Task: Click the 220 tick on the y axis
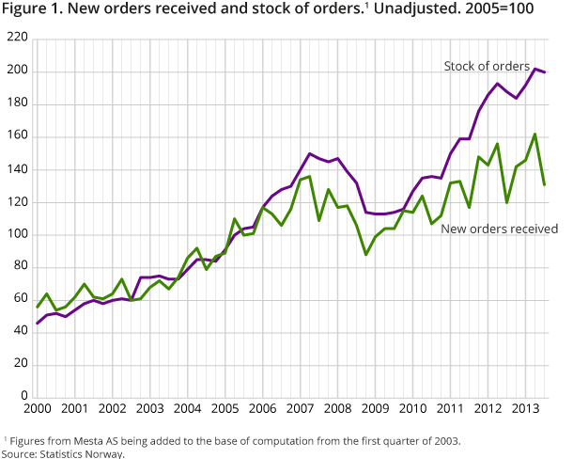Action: coord(17,40)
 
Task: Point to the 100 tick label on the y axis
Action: coord(17,234)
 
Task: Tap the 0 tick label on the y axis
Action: coord(23,397)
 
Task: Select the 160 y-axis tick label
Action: coord(17,137)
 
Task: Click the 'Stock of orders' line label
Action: coord(486,66)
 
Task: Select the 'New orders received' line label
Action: coord(500,229)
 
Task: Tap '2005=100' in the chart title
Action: coord(513,14)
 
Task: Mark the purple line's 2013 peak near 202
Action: coord(534,69)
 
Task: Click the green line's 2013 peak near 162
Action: coord(534,134)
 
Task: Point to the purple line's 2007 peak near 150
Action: coord(310,153)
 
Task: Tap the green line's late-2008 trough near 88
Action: coord(365,254)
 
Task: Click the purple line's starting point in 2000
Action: coord(39,323)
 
